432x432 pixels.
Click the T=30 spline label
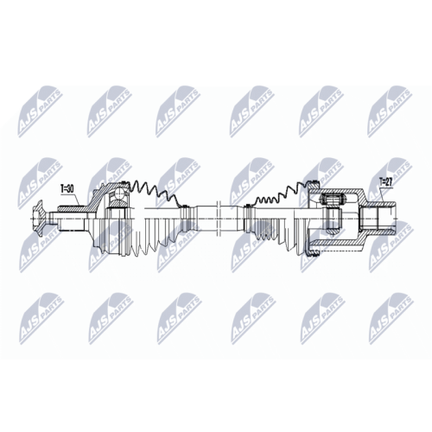[x=67, y=187]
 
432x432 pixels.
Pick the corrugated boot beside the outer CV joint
[x=160, y=211]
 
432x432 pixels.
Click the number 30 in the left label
[x=71, y=187]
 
